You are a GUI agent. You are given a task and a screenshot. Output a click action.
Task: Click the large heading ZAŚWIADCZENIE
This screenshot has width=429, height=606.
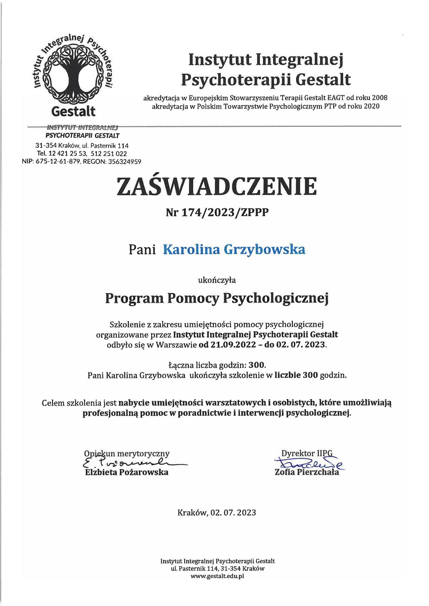[x=217, y=187]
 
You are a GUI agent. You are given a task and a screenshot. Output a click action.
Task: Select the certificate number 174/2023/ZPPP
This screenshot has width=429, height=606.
[x=225, y=212]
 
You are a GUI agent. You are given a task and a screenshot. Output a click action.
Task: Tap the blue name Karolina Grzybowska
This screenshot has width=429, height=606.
[x=234, y=250]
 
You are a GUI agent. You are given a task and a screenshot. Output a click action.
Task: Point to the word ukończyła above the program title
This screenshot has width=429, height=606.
[x=217, y=280]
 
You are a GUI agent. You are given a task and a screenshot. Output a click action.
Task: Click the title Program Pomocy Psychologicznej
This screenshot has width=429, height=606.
[x=217, y=298]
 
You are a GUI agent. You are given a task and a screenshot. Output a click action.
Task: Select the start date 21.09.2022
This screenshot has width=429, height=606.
[x=233, y=345]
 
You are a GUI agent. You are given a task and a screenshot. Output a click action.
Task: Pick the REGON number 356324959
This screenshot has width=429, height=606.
[x=123, y=162]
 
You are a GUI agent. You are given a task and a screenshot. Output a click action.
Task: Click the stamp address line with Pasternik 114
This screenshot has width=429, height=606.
[x=82, y=146]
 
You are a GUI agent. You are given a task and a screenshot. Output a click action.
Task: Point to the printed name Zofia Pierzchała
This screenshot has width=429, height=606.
[x=307, y=472]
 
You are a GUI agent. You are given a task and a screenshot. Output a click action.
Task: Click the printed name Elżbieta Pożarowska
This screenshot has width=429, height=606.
[x=127, y=472]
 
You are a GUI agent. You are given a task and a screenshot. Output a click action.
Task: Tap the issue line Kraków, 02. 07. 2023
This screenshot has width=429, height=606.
[x=217, y=513]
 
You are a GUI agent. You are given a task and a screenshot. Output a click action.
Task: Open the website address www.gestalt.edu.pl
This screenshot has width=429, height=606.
[x=217, y=576]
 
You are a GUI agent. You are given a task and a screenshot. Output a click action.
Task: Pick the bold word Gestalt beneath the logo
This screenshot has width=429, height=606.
[x=73, y=111]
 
